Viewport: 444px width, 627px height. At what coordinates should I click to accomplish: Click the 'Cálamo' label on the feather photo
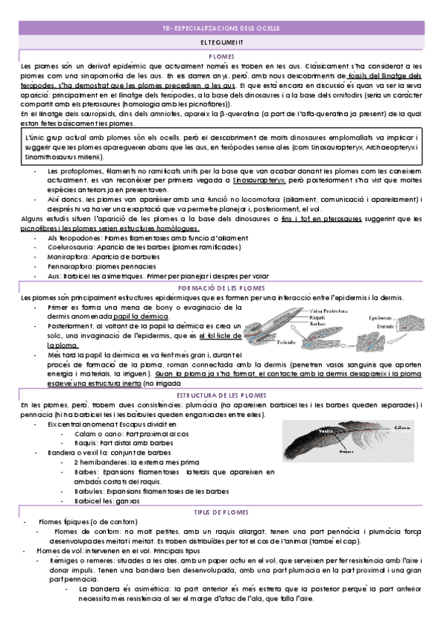pyautogui.click(x=403, y=427)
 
